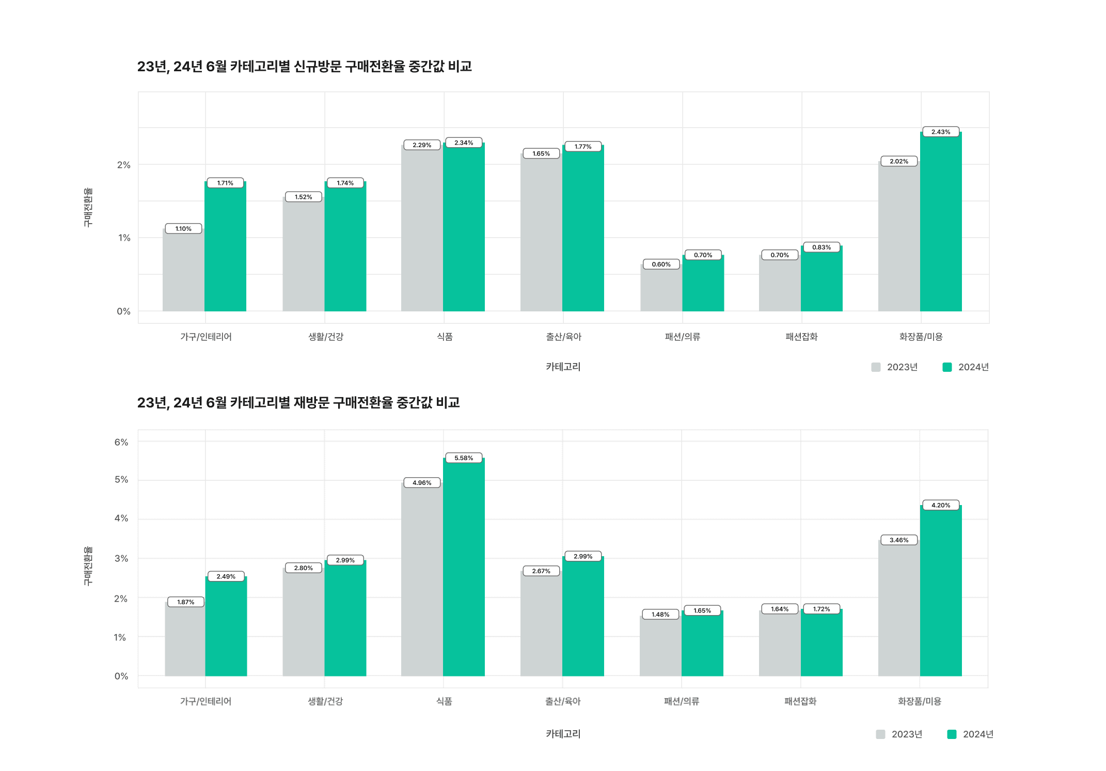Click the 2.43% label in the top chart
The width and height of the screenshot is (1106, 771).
coord(940,132)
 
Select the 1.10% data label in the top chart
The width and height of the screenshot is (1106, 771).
coord(183,229)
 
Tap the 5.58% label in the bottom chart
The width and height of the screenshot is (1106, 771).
coord(463,458)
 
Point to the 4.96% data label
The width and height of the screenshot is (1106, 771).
coord(421,483)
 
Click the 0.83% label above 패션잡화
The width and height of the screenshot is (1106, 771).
coord(821,247)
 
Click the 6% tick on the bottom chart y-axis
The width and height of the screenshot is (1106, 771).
coord(121,442)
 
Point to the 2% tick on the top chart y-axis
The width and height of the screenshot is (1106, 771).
coord(123,165)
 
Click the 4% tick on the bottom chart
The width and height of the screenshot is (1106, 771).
coord(121,518)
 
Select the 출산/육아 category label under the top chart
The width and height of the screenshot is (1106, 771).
coord(563,337)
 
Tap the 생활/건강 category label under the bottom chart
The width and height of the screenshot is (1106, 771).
coord(325,701)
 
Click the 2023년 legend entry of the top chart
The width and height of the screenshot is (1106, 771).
coord(895,367)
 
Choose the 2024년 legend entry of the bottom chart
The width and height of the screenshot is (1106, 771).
coord(970,734)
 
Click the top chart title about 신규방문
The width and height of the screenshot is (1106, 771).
coord(304,67)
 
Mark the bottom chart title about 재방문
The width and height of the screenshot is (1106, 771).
coord(298,402)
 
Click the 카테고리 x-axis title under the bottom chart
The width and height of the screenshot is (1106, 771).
coord(563,734)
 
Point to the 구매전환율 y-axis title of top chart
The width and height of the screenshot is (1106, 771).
coord(88,207)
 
